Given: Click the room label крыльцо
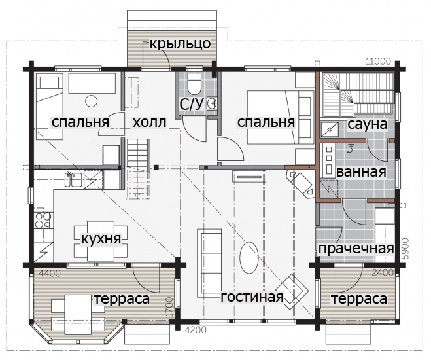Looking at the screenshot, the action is point(180,44).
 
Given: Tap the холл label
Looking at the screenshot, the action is point(150,122).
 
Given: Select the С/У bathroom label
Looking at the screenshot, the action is point(192,104).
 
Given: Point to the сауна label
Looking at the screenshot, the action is point(368,124).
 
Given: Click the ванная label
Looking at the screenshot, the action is point(361,172).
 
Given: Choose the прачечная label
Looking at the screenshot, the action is point(356,249).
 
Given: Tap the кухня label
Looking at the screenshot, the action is point(101,239).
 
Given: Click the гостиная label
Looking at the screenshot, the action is point(252,297).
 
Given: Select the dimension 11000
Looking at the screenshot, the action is point(378,62).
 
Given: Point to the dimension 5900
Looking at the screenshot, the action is point(407,249).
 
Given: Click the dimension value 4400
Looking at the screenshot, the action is point(50,274).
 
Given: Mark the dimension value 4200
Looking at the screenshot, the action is point(196,329).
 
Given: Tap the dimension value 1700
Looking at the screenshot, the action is point(170,307).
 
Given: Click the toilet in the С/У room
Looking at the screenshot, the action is point(194,82).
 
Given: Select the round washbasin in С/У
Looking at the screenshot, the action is point(212,103).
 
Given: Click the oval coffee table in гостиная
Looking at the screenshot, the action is point(249,257).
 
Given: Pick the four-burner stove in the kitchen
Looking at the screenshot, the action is point(43,221).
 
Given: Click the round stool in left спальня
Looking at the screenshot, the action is point(92,101).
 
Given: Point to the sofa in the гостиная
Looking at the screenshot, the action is point(209,263).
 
